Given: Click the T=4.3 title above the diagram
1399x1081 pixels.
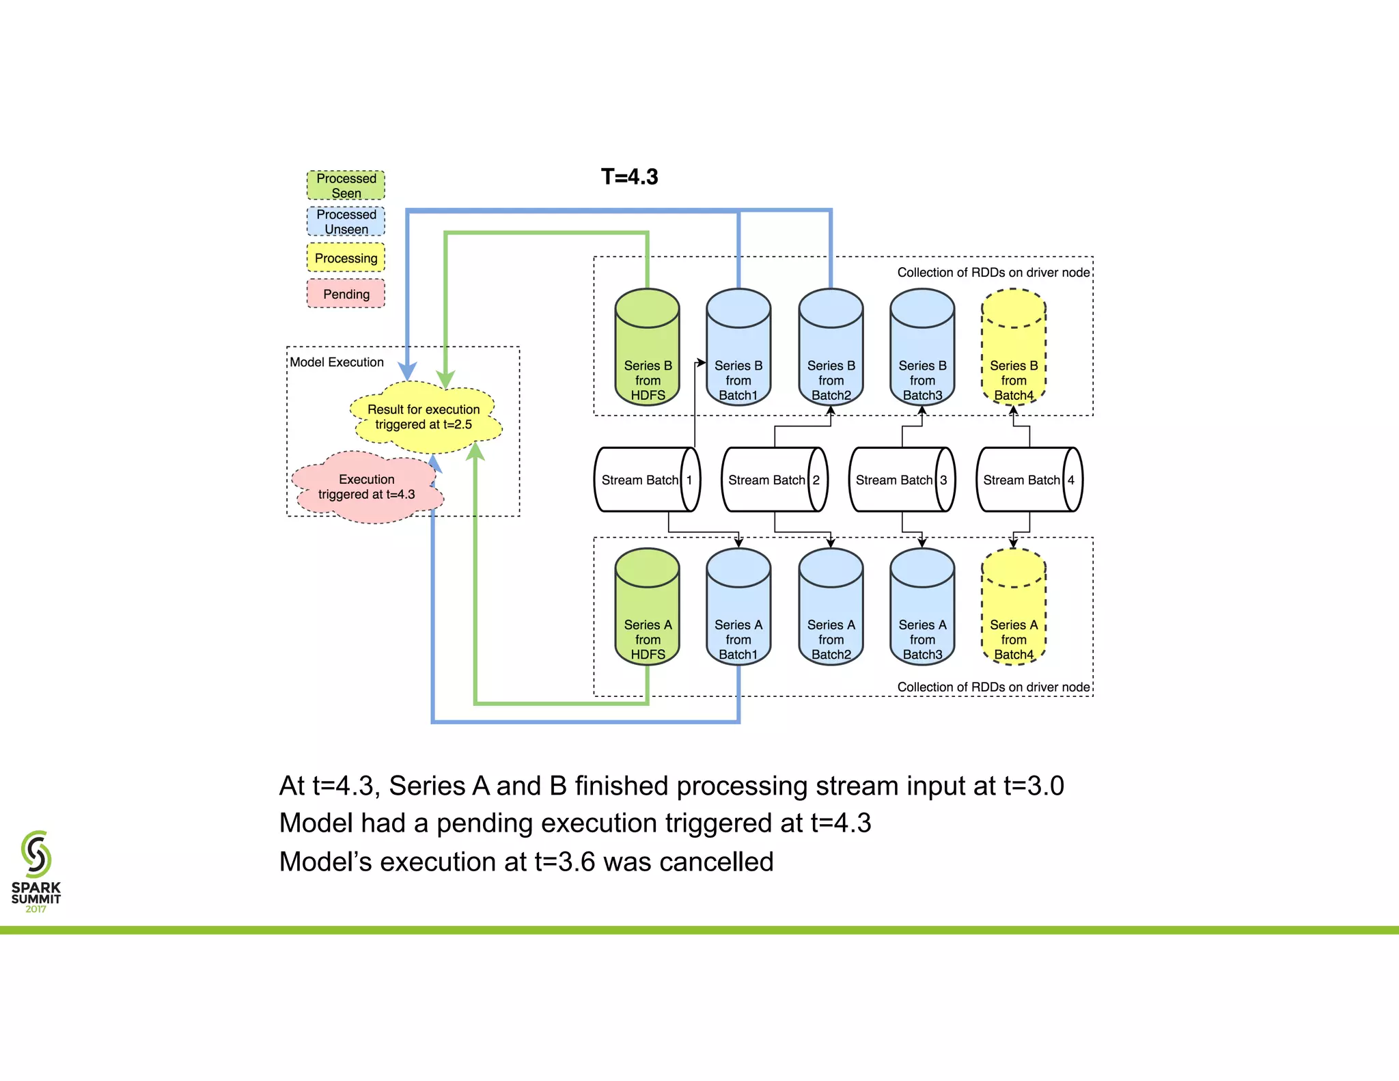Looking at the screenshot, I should coord(629,177).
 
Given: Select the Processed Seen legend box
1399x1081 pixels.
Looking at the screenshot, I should coord(346,185).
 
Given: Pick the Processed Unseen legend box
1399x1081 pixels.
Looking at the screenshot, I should coord(346,221).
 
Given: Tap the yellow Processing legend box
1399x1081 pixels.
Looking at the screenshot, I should coord(346,258).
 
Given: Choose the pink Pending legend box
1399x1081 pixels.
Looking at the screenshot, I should coord(346,294).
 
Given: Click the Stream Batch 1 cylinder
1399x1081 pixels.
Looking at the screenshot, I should coord(646,480).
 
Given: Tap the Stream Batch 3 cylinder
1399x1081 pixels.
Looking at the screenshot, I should coord(902,480).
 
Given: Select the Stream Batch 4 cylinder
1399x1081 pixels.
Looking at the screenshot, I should coord(1029,480).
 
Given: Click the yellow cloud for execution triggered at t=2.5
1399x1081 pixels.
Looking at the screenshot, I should coord(424,417).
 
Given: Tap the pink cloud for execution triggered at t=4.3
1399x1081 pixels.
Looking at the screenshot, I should coord(367,487).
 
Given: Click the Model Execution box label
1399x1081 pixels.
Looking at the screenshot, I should coord(337,362).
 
